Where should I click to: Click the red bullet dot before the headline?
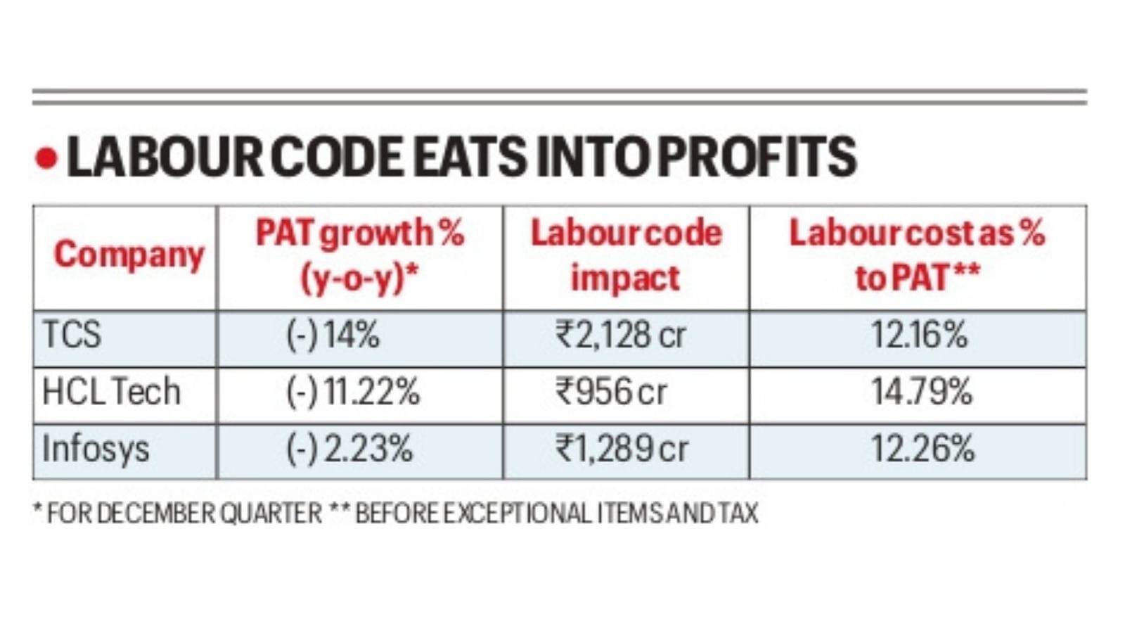pos(46,158)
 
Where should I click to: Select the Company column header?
pos(129,255)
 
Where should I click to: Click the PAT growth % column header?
pos(359,255)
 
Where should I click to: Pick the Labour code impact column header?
pos(625,255)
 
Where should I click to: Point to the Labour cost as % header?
pos(917,255)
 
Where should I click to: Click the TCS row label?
pos(72,334)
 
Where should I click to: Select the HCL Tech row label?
pos(111,392)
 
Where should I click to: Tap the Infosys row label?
pos(96,449)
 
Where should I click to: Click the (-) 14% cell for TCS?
pos(333,335)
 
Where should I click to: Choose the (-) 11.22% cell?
pos(352,392)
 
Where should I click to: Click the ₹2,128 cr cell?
pos(620,335)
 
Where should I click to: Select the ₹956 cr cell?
pos(611,392)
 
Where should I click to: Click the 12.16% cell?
pos(919,335)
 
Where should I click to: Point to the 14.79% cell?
pos(921,392)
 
